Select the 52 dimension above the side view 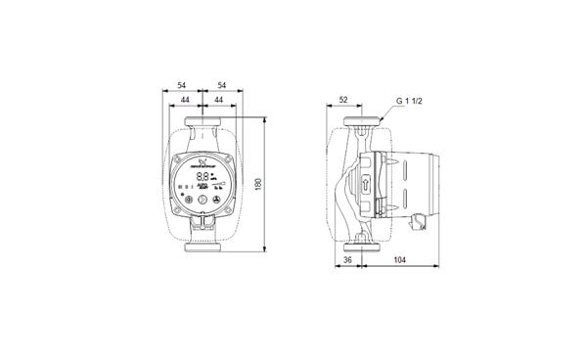(344, 99)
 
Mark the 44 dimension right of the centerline (219, 101)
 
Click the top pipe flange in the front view (202, 124)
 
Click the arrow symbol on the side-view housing (361, 185)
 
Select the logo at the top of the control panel (202, 162)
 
